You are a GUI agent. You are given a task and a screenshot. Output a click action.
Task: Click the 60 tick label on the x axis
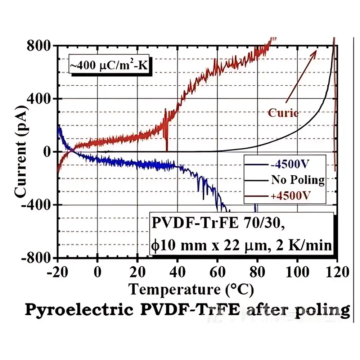(x=217, y=272)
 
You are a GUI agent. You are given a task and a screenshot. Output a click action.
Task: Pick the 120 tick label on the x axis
(x=336, y=272)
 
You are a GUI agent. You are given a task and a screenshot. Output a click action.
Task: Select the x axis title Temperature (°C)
(x=192, y=289)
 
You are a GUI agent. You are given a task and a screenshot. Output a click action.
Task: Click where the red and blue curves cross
(x=71, y=150)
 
